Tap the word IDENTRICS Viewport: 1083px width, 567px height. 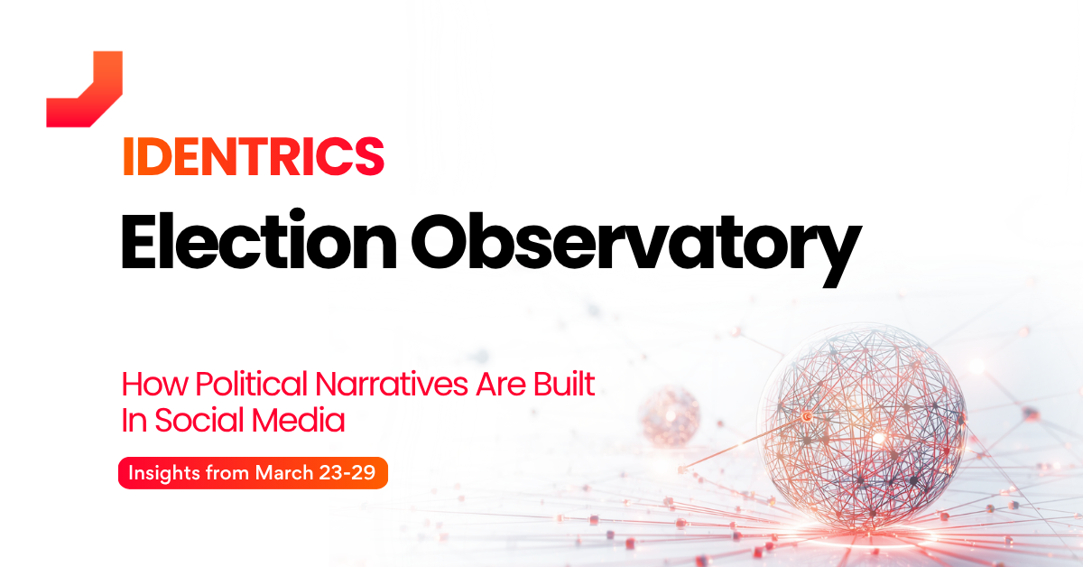click(x=254, y=157)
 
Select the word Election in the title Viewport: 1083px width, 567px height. click(x=259, y=240)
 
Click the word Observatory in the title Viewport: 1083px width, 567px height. click(x=636, y=248)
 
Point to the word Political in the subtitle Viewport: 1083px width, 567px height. click(x=252, y=384)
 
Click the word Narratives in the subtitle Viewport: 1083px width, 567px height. click(x=392, y=384)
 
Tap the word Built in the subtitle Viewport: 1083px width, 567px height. click(x=564, y=384)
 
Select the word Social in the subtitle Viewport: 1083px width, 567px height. click(x=199, y=420)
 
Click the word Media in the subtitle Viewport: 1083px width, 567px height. click(x=299, y=420)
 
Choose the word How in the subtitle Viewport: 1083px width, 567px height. click(x=154, y=384)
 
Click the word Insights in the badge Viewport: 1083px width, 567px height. click(x=164, y=473)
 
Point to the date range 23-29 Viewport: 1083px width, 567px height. click(x=347, y=473)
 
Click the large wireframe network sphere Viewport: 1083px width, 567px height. click(x=862, y=426)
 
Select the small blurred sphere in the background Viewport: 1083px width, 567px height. click(x=670, y=416)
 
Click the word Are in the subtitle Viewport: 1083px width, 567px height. click(x=500, y=384)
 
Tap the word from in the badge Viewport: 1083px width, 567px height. click(x=227, y=473)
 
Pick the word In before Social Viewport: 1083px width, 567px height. click(x=134, y=420)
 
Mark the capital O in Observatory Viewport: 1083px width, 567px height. click(x=441, y=240)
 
